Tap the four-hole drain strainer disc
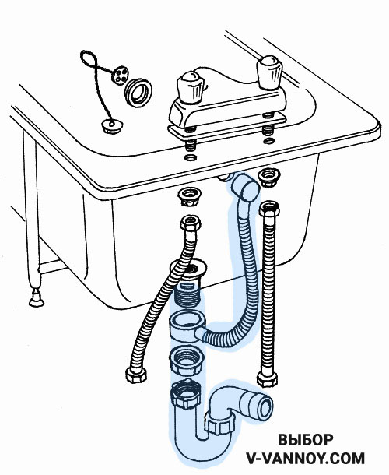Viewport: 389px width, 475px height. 120,75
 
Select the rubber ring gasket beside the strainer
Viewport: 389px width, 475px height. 138,93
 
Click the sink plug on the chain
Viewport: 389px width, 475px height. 112,125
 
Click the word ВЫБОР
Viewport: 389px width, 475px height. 306,440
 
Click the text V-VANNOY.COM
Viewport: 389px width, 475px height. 306,459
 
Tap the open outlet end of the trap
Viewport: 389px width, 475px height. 266,406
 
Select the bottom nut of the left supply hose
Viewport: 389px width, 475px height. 136,375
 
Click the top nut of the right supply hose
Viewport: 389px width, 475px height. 269,209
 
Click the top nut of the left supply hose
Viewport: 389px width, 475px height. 190,223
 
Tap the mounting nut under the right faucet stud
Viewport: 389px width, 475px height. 268,178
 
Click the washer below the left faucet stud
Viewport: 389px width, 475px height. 190,157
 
